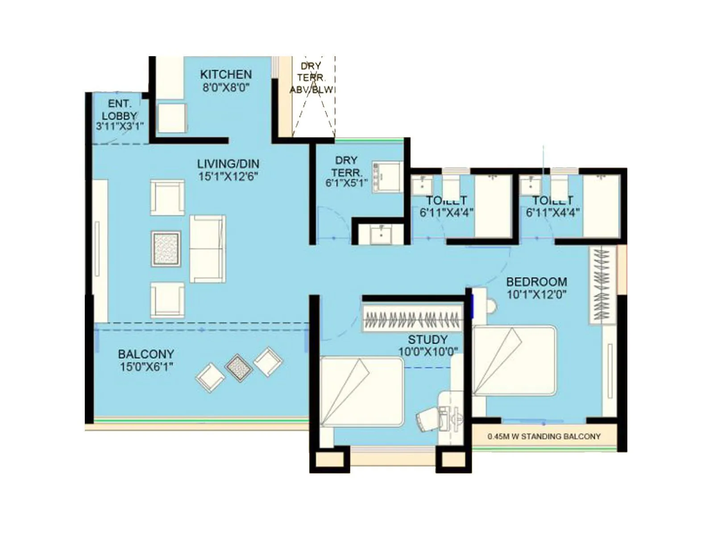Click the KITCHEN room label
(x=226, y=74)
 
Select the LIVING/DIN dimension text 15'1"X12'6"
(x=228, y=177)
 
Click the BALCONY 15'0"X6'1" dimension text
(x=146, y=367)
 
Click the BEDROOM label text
(x=537, y=282)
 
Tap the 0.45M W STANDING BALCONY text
(x=544, y=436)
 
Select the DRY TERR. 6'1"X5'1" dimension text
(x=346, y=182)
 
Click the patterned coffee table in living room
(x=166, y=249)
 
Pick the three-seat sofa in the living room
(x=208, y=249)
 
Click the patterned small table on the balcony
(x=239, y=367)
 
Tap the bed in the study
(x=361, y=391)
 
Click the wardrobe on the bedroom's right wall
(x=602, y=285)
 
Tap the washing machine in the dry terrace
(x=387, y=177)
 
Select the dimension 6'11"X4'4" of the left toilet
(x=446, y=213)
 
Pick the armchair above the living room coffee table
(x=167, y=198)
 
